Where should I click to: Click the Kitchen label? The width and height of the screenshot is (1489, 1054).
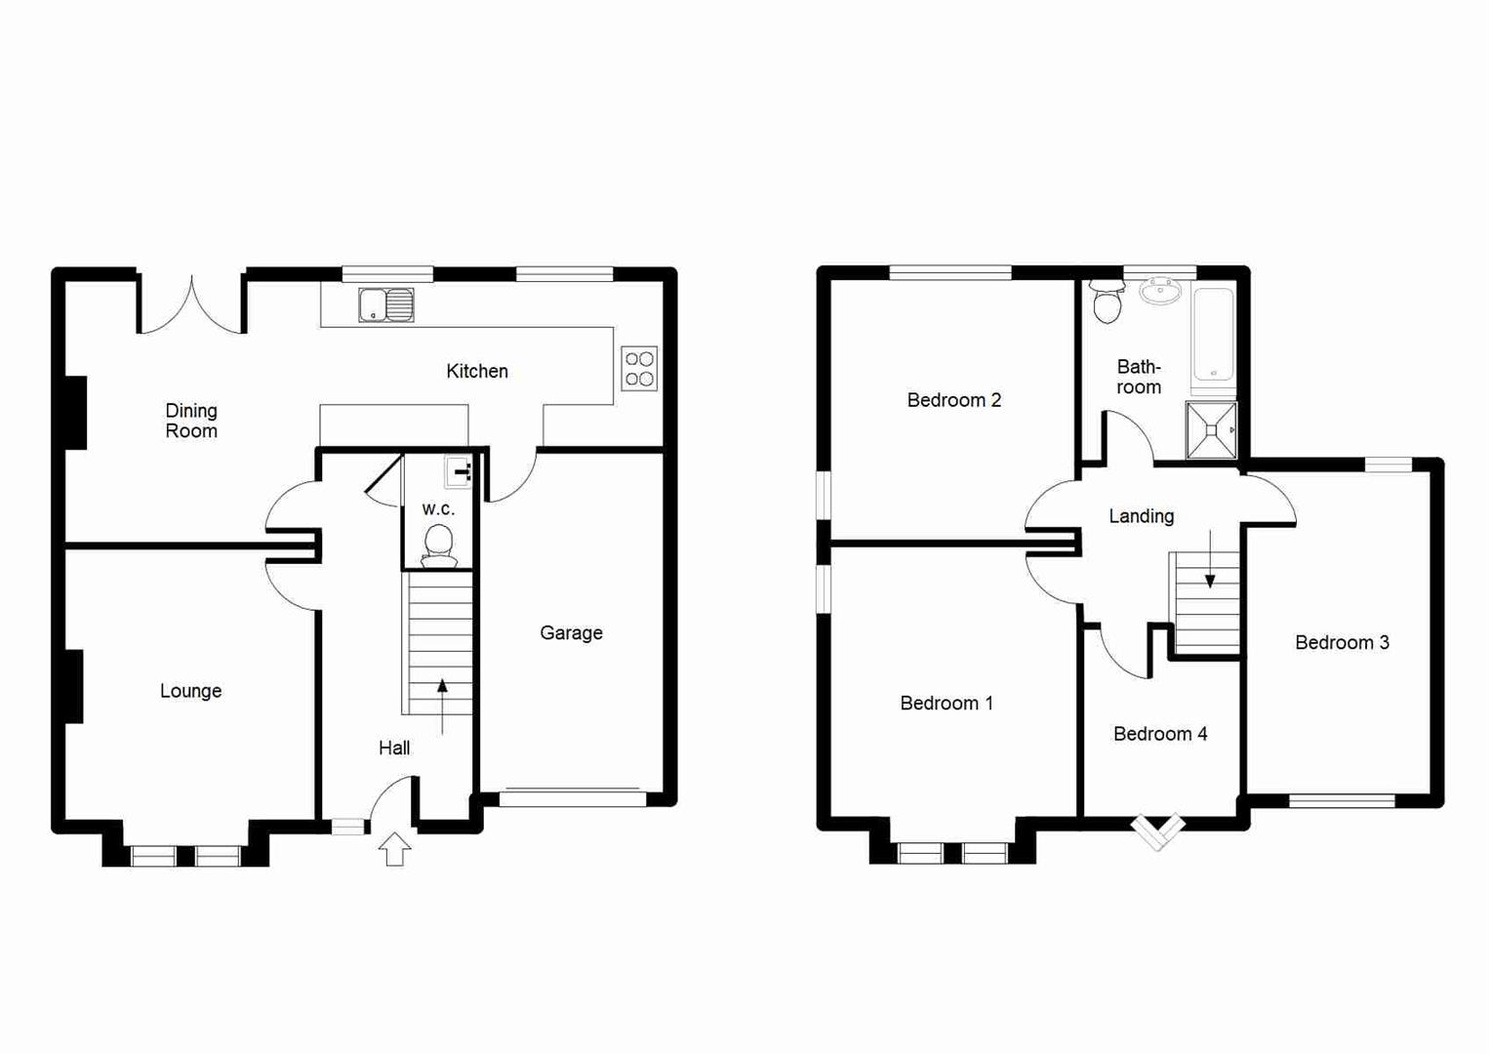(477, 371)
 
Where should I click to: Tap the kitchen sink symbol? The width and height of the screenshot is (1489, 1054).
(385, 305)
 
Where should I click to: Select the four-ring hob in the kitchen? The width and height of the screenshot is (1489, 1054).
(639, 369)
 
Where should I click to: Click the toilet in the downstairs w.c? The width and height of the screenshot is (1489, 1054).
(438, 544)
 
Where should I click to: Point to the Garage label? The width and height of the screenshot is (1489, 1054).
(571, 632)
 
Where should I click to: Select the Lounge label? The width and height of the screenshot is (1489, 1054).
(190, 691)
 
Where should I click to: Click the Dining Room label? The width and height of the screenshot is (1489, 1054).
(191, 421)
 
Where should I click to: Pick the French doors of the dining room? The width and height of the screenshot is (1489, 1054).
(192, 307)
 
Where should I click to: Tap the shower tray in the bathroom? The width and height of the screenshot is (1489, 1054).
(1211, 429)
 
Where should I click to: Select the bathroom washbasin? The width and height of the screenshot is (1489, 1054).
(1160, 290)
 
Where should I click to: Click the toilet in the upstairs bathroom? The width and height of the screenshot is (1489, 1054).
(1107, 302)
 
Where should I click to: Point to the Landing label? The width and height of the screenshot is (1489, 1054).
(1141, 516)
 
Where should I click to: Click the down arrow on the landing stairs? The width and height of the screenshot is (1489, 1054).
(1210, 560)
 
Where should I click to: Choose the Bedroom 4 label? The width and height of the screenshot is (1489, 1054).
(1160, 734)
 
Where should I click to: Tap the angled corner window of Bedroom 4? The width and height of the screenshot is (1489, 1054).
(1158, 831)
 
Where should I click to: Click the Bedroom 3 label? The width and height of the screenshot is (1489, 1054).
(1342, 642)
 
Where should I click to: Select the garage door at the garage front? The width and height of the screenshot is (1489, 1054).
(572, 798)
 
